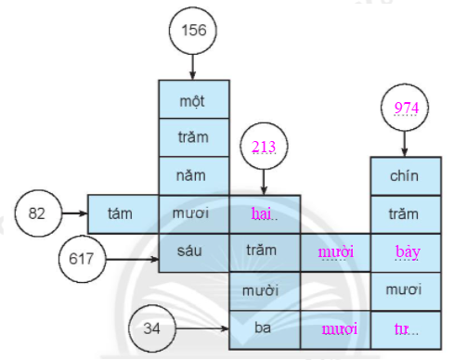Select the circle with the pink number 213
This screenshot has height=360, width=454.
265,145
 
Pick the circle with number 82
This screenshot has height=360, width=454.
37,212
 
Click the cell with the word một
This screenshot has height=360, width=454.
193,99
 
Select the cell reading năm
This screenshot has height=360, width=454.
193,174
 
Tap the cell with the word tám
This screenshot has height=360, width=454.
122,212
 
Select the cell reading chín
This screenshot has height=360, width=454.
405,174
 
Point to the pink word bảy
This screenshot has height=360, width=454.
405,251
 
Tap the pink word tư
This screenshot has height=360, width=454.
405,328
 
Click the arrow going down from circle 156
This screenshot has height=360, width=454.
193,66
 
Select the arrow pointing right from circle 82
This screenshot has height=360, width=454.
73,212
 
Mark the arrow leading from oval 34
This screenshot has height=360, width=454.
207,328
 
